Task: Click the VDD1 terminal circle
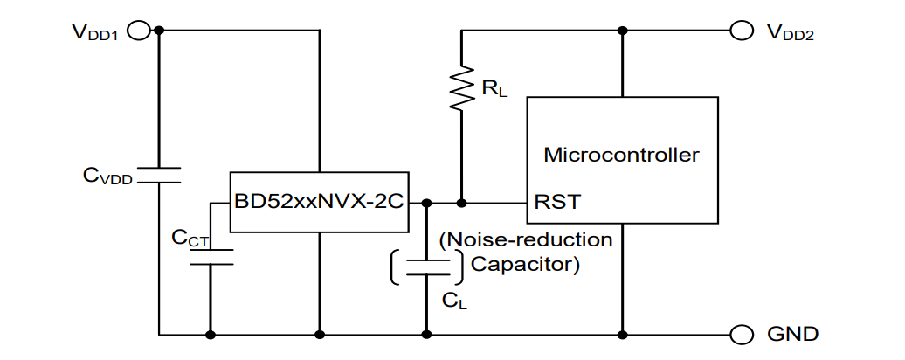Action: pyautogui.click(x=137, y=31)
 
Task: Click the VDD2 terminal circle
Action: pyautogui.click(x=741, y=31)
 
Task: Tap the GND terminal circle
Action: pyautogui.click(x=741, y=334)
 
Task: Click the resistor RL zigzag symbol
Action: pyautogui.click(x=461, y=87)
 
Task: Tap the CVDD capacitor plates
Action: pyautogui.click(x=159, y=175)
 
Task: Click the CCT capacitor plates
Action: pyautogui.click(x=211, y=256)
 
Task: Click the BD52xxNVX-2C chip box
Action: pyautogui.click(x=320, y=201)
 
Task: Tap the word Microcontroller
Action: pyautogui.click(x=621, y=156)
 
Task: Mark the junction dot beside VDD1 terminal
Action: pyautogui.click(x=159, y=31)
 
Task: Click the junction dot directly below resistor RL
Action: pyautogui.click(x=461, y=202)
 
